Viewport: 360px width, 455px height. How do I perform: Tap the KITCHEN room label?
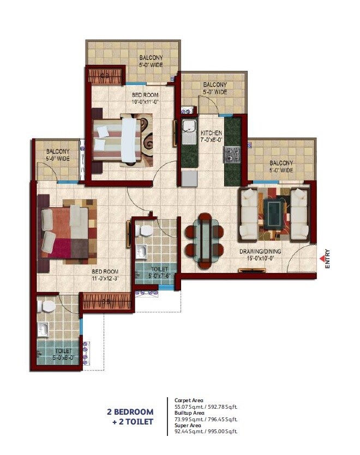(211, 133)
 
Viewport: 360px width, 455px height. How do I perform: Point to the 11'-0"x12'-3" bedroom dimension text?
(106, 278)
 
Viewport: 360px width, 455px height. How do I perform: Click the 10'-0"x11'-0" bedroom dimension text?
(145, 101)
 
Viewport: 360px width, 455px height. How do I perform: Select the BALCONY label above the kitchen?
(215, 85)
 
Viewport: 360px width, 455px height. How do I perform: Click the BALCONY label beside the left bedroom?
(57, 151)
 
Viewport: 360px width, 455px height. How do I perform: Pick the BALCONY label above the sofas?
(281, 163)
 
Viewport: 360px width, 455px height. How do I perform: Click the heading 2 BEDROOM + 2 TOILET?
(130, 416)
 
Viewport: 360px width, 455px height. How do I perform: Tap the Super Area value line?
(206, 432)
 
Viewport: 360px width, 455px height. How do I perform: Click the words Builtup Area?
(187, 413)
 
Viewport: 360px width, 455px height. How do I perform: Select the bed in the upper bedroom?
(118, 140)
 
